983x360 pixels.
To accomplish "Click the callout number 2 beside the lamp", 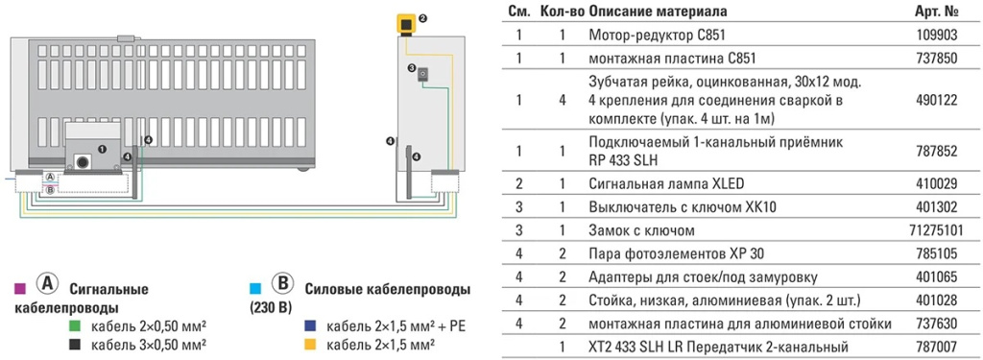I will [422, 18].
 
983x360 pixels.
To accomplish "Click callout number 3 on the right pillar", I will [411, 68].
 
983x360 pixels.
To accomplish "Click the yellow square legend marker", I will [310, 344].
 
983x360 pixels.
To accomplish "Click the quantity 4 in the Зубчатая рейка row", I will [563, 99].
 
